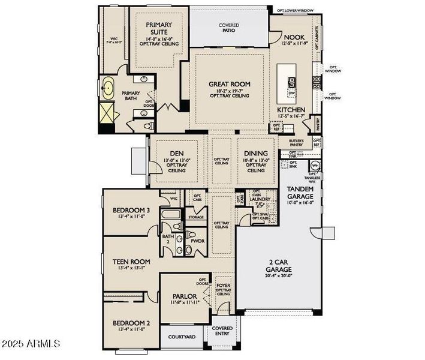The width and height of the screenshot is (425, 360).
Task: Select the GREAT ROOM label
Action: point(229,84)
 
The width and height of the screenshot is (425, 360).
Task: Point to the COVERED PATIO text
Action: point(229,28)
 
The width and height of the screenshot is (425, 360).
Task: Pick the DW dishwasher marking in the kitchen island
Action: point(292,93)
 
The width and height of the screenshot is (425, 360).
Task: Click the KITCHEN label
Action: point(291,110)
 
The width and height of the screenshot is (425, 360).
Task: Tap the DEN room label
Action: point(176,152)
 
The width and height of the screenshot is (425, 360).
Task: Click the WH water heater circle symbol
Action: point(315,166)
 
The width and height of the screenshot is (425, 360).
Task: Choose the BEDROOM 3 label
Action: point(131,210)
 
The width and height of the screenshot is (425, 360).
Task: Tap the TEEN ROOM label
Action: point(131,262)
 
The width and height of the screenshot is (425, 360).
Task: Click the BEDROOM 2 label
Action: point(131,324)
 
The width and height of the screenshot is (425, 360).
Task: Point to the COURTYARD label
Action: point(181,337)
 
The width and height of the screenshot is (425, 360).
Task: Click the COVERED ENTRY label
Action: point(222,332)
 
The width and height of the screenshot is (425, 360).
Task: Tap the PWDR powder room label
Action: point(198,241)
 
